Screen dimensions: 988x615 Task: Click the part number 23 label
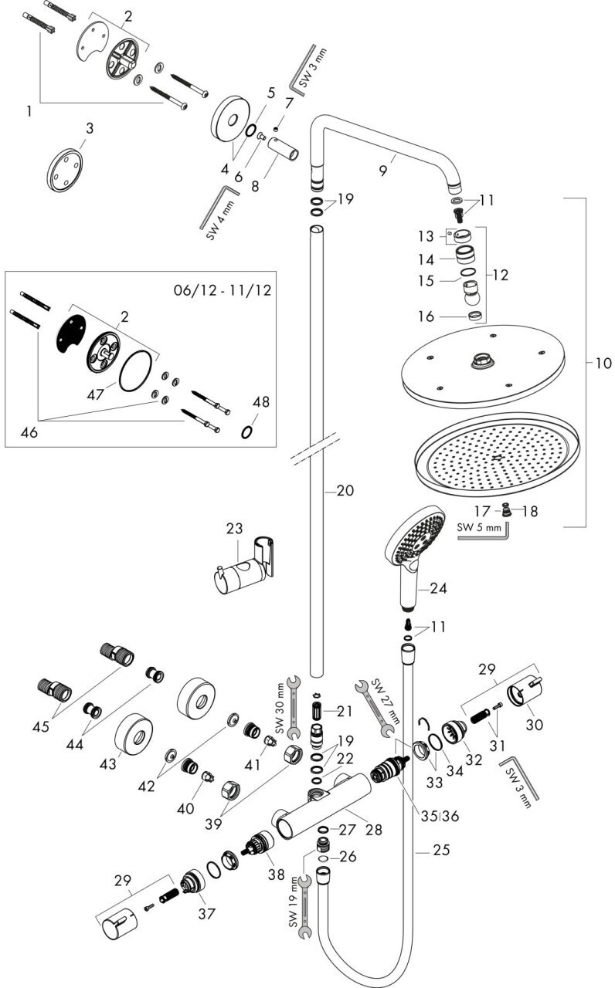[234, 529]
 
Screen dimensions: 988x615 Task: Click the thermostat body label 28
[375, 829]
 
